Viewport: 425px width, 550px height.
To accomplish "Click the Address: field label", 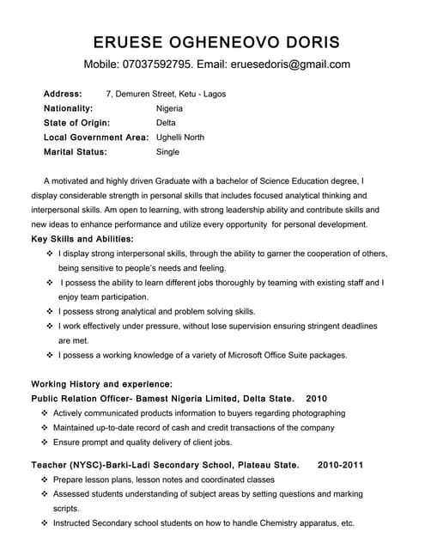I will click(x=63, y=94).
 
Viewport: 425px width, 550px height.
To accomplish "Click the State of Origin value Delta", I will click(x=166, y=123).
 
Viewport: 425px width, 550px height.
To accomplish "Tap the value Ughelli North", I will click(x=180, y=137).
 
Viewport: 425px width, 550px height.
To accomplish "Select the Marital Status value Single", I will click(x=168, y=152).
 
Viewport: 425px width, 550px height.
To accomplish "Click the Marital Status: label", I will click(x=75, y=152).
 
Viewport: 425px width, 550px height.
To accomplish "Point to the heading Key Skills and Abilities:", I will click(x=82, y=238).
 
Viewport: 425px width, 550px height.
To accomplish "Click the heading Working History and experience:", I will click(x=101, y=384).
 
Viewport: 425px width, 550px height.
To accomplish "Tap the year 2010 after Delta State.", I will click(x=317, y=399).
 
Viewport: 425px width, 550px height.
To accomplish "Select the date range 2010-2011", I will click(x=340, y=465).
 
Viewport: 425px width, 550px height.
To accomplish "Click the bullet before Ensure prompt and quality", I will click(x=45, y=443).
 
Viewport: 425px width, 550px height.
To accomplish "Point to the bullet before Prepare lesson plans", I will click(x=45, y=480).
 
